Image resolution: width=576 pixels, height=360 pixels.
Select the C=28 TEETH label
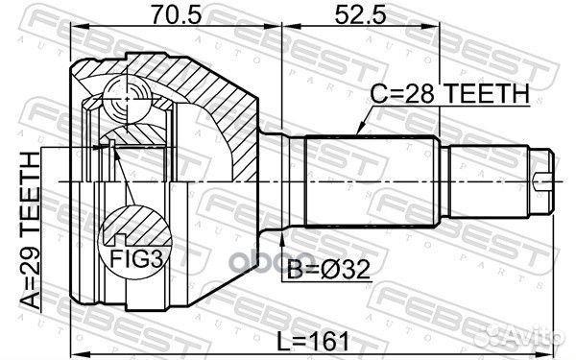[450, 94]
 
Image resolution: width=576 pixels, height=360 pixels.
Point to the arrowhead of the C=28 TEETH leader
[357, 131]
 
